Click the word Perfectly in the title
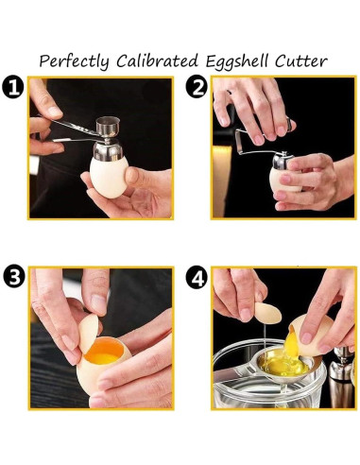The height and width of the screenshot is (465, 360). (74, 60)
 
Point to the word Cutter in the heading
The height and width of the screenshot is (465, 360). (300, 60)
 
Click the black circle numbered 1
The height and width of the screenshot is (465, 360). (12, 87)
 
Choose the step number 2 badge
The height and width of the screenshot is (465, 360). (197, 87)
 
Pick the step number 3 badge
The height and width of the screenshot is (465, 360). (14, 277)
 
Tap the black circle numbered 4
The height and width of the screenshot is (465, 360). (197, 277)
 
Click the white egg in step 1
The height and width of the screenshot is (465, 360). (108, 177)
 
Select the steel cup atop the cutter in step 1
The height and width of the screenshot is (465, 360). (108, 127)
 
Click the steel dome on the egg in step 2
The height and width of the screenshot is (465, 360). (281, 161)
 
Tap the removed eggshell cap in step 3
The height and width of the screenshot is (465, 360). (88, 333)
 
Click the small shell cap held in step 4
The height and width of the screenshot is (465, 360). (268, 313)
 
